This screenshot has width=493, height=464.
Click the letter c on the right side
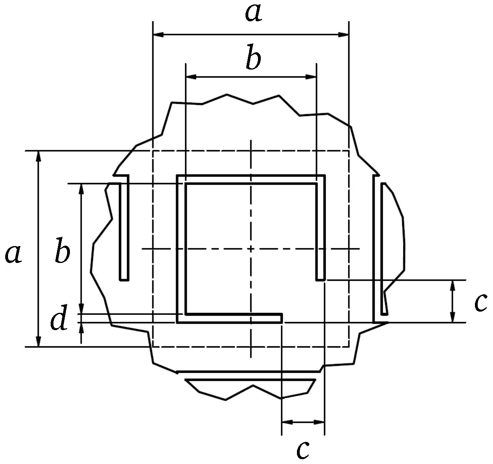(x=481, y=302)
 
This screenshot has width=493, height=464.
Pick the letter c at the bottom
(x=303, y=450)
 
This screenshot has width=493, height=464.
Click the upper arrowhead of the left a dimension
(x=39, y=156)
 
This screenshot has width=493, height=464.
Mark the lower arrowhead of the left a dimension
(x=39, y=341)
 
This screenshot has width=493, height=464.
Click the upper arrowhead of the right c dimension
(x=453, y=285)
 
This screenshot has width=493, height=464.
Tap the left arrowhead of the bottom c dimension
(x=287, y=422)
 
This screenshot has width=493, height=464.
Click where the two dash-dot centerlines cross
(x=251, y=249)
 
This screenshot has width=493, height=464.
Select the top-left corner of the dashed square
(x=153, y=151)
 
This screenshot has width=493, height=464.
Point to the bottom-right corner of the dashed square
(x=348, y=347)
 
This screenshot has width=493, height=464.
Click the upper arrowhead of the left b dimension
(x=82, y=189)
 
